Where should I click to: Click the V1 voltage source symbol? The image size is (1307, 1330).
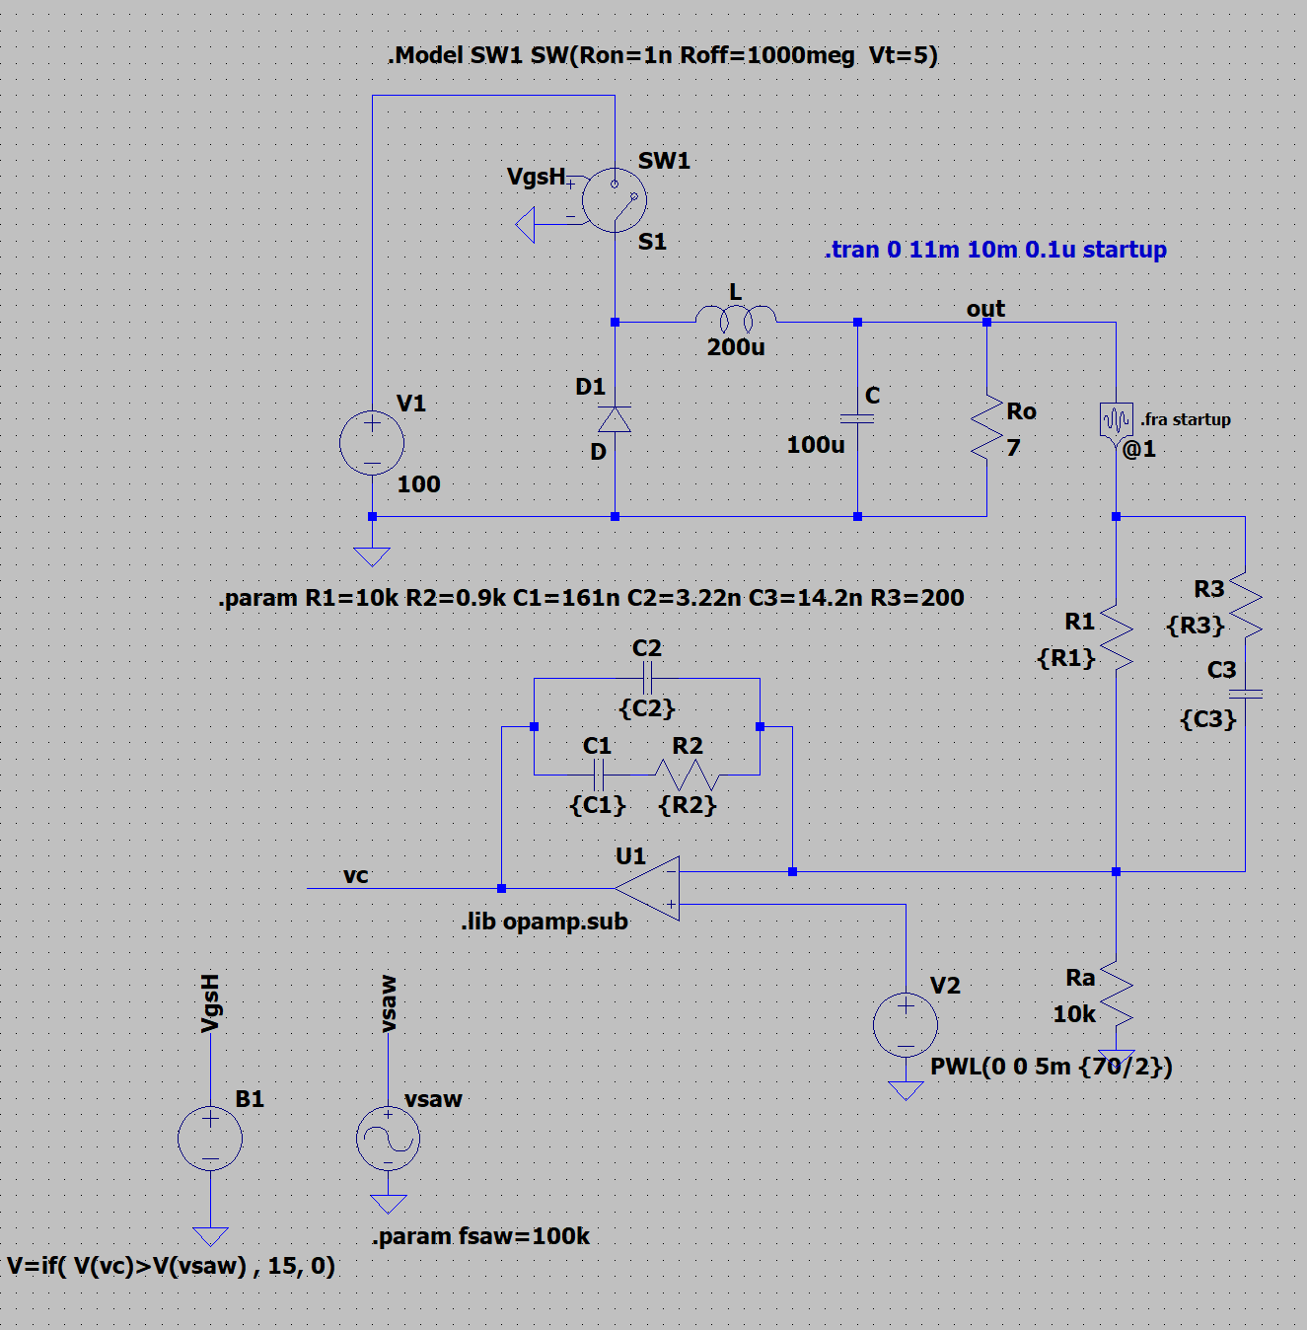[x=372, y=443]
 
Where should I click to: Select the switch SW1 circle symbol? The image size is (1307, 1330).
[x=614, y=199]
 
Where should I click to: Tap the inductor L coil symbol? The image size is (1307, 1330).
[x=736, y=318]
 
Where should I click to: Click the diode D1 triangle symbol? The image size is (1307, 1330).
[x=615, y=420]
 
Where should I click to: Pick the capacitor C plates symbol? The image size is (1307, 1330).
[x=857, y=419]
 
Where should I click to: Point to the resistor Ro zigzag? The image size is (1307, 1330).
[x=986, y=427]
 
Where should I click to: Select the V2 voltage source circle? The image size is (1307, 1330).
[x=906, y=1024]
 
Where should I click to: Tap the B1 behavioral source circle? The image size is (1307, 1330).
[x=210, y=1139]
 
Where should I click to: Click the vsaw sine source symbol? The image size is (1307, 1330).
[x=388, y=1139]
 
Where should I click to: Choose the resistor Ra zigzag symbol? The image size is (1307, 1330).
[x=1116, y=995]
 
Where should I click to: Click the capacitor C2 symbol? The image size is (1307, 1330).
[x=647, y=678]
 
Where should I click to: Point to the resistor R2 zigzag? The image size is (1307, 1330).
[x=688, y=775]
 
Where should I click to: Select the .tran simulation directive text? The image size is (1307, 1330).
[x=994, y=250]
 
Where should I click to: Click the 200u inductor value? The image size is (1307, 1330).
[x=736, y=347]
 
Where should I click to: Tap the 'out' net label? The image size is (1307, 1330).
[x=985, y=309]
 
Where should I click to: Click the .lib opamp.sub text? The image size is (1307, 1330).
[x=545, y=922]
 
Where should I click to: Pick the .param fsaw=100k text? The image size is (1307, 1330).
[x=480, y=1236]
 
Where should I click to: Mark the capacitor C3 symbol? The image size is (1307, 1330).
[x=1245, y=694]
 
